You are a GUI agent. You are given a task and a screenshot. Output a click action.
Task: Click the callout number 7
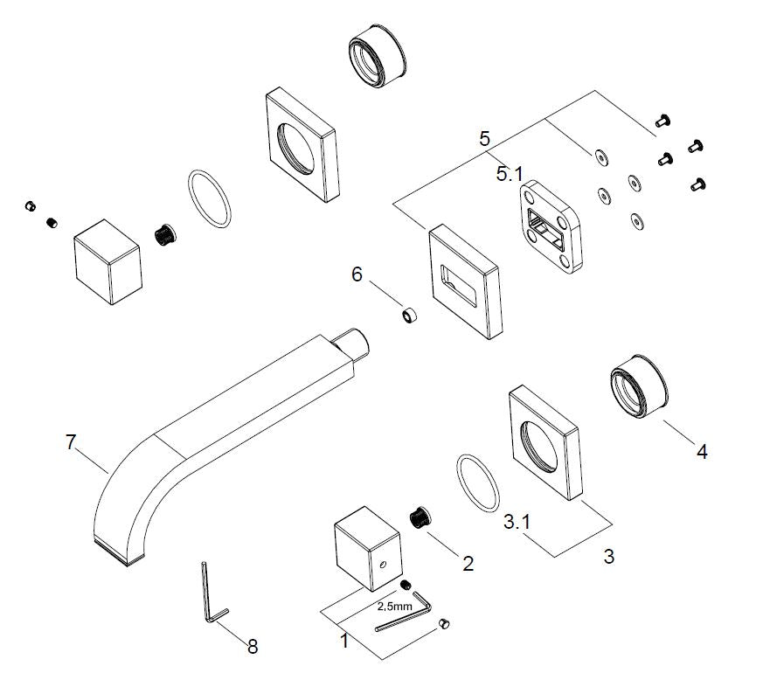click(x=73, y=442)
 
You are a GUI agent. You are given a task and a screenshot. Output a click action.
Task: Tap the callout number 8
click(x=253, y=647)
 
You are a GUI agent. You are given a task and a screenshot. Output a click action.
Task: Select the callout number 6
click(x=357, y=274)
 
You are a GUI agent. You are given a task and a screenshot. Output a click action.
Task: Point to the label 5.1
click(x=510, y=174)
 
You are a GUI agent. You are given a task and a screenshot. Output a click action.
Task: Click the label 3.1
click(x=519, y=523)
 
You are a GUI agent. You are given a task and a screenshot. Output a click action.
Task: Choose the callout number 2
click(x=468, y=564)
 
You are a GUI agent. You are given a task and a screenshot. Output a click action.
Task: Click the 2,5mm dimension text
click(x=394, y=605)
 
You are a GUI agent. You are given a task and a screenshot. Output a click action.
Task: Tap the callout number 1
click(x=343, y=641)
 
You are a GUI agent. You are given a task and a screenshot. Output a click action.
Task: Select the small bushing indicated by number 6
click(x=408, y=314)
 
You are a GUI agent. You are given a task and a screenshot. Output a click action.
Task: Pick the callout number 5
click(x=485, y=138)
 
